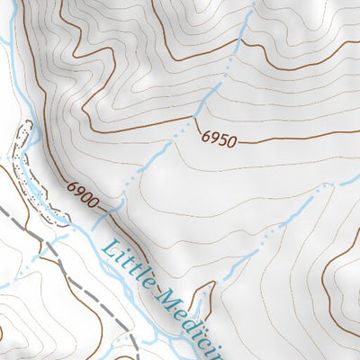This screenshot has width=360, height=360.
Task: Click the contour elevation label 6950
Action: pyautogui.click(x=218, y=139)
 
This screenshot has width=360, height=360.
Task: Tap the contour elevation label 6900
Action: pyautogui.click(x=82, y=193)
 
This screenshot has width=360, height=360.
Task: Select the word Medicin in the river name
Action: pyautogui.click(x=190, y=320)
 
